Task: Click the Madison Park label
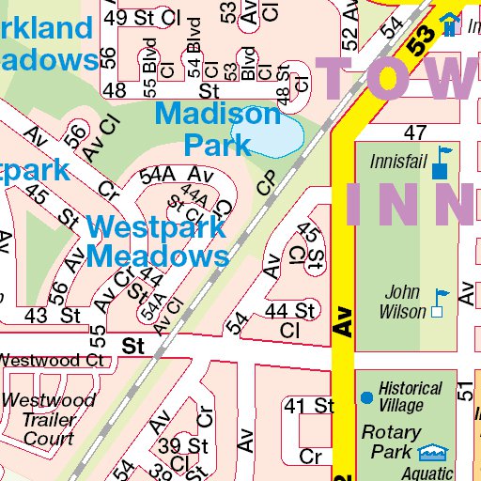(x=217, y=130)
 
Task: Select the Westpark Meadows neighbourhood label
(x=158, y=241)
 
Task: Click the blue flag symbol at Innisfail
(x=441, y=163)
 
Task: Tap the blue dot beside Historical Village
(x=366, y=397)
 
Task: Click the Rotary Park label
(x=391, y=442)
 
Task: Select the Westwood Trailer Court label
(x=48, y=419)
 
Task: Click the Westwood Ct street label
(x=52, y=360)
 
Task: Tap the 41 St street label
(x=309, y=406)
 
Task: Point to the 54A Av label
(x=173, y=175)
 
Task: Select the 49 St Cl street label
(x=142, y=18)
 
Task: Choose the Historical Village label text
(x=410, y=396)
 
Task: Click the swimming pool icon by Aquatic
(x=432, y=454)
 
